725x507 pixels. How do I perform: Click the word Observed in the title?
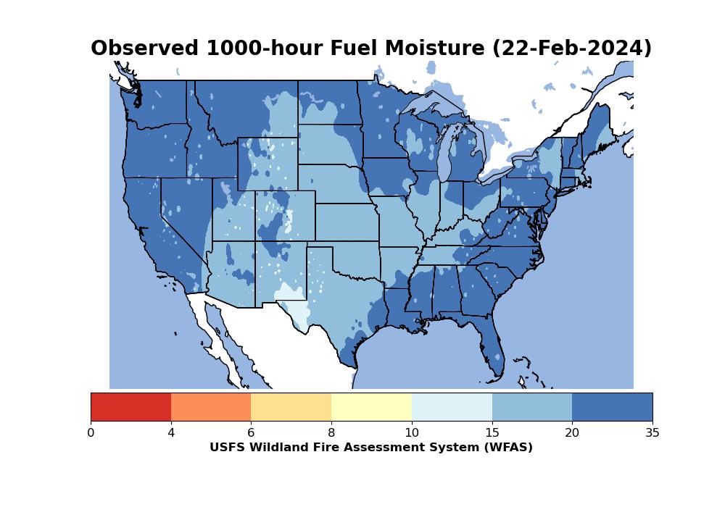tap(144, 48)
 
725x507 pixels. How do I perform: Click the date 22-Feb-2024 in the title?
tap(571, 49)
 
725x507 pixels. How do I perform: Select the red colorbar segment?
tap(130, 407)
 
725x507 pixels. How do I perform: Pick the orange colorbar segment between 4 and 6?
tap(211, 407)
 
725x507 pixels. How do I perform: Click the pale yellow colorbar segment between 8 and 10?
tap(372, 407)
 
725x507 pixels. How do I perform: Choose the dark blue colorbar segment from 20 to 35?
tap(612, 407)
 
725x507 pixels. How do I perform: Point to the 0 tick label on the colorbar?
tap(91, 432)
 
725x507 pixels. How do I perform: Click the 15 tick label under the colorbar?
tap(492, 432)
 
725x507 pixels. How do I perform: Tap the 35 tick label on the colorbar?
tap(652, 432)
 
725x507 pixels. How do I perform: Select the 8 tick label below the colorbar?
tap(331, 432)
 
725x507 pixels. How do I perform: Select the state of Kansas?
tap(347, 222)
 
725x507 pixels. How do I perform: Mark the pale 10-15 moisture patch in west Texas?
tap(294, 307)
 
